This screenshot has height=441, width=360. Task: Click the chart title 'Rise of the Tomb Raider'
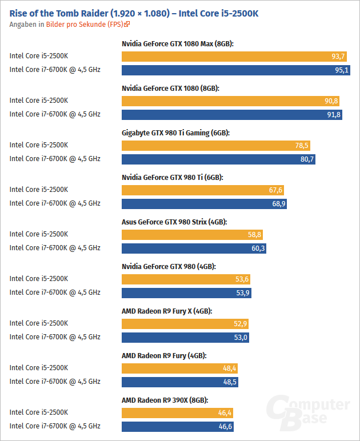tap(59, 13)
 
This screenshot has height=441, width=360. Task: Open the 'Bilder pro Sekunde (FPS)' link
tap(85, 25)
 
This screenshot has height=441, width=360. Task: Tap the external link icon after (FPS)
tap(127, 24)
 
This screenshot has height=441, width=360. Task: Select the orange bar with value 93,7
tap(234, 56)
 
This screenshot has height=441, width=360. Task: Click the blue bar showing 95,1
tap(236, 70)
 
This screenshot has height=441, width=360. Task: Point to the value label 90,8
tap(331, 101)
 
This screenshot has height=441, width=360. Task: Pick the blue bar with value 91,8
tap(232, 115)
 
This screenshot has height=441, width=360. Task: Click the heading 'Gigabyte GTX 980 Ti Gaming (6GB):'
tap(175, 133)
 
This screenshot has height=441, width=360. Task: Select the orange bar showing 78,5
tap(216, 146)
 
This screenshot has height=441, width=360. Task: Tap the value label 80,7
tap(307, 159)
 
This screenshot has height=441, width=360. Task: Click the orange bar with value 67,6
tap(203, 190)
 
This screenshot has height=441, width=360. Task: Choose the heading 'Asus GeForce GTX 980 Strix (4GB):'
tap(174, 222)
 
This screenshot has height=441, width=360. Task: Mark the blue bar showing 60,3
tap(194, 248)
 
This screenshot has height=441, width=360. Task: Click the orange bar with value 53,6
tap(186, 279)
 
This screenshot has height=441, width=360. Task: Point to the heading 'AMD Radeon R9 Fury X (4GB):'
tap(167, 311)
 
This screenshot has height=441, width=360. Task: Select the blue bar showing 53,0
tap(185, 338)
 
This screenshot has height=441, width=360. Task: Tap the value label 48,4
tap(230, 368)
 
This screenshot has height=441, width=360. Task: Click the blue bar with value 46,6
tap(178, 426)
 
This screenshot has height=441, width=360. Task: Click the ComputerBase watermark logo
tap(308, 412)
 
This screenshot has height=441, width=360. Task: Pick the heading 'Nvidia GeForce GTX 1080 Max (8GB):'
tap(178, 43)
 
